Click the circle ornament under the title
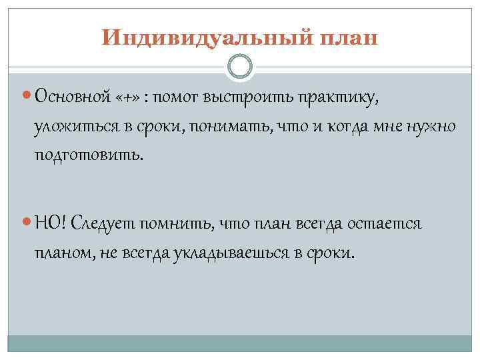point(240,66)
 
